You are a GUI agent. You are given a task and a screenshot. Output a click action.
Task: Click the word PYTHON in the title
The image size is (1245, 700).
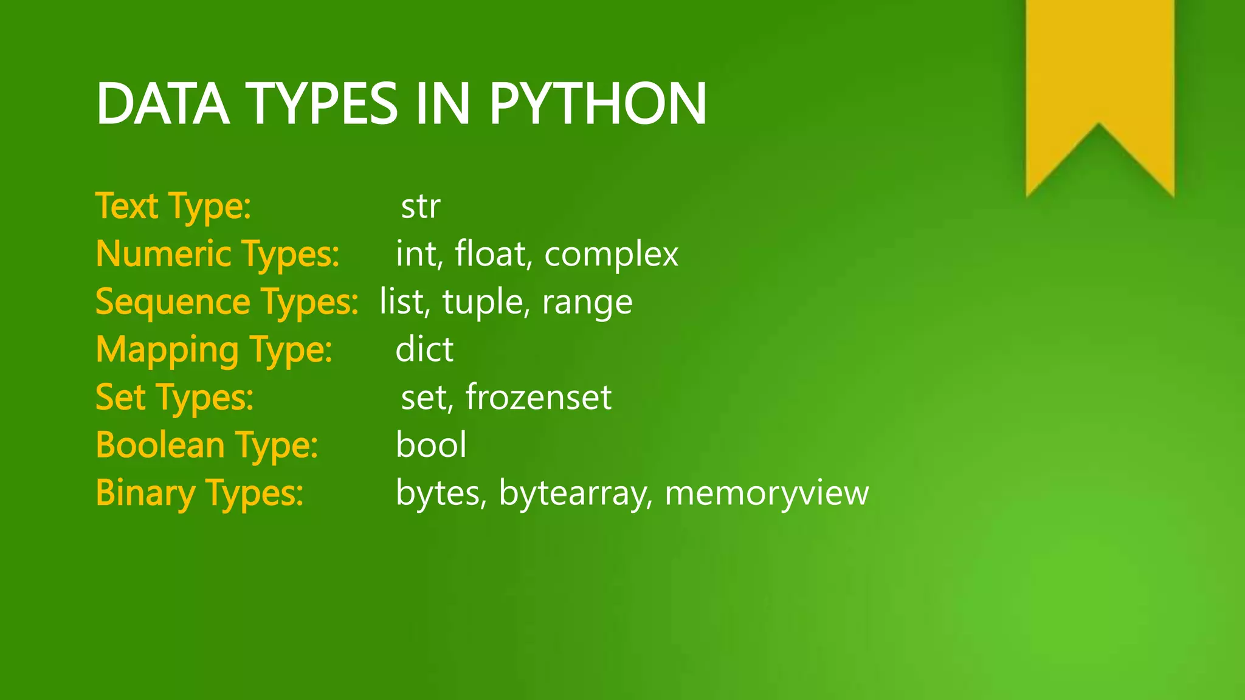[x=598, y=104]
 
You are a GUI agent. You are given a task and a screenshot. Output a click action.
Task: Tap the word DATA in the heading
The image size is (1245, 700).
[x=162, y=104]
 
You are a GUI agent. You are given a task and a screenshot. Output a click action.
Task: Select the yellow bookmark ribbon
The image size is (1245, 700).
[x=1100, y=79]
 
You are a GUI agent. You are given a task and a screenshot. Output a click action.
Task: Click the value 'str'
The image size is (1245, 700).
[x=420, y=207]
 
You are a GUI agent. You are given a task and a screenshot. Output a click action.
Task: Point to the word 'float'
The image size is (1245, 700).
[x=490, y=253]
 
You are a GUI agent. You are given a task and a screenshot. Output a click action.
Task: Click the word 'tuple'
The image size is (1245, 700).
[x=482, y=302]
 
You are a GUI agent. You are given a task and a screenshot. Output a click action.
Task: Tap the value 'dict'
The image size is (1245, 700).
[x=424, y=349]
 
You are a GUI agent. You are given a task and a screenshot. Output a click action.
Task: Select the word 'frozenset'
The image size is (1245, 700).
[x=538, y=397]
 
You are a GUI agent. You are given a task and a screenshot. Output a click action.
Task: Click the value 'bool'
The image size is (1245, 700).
[x=431, y=445]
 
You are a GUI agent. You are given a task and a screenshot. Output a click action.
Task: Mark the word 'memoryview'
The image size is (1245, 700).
[x=767, y=493]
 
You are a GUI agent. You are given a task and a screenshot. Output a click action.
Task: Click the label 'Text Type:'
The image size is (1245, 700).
[x=173, y=207]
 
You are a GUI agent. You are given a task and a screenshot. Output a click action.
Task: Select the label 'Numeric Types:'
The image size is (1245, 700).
[x=218, y=255]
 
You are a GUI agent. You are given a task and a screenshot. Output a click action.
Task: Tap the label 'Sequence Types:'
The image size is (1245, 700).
[x=227, y=303]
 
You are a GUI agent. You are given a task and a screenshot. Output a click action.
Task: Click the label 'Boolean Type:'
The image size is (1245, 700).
[x=207, y=445]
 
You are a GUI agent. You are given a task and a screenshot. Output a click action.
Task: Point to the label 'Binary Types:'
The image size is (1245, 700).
[x=199, y=493]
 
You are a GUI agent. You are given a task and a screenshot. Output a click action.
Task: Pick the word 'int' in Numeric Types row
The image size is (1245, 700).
[x=416, y=253]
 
